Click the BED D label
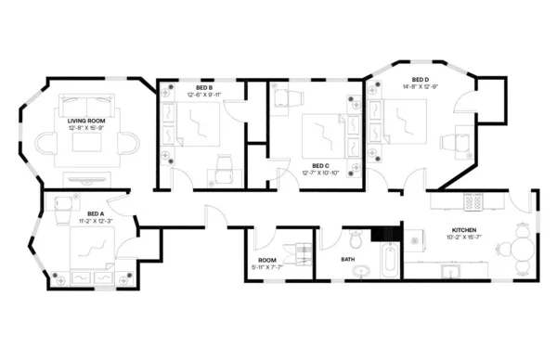click(421, 80)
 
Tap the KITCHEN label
click(464, 229)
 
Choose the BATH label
click(348, 259)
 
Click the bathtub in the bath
click(390, 260)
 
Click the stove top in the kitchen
click(473, 199)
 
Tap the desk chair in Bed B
click(224, 161)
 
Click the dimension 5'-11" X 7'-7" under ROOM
click(267, 266)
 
